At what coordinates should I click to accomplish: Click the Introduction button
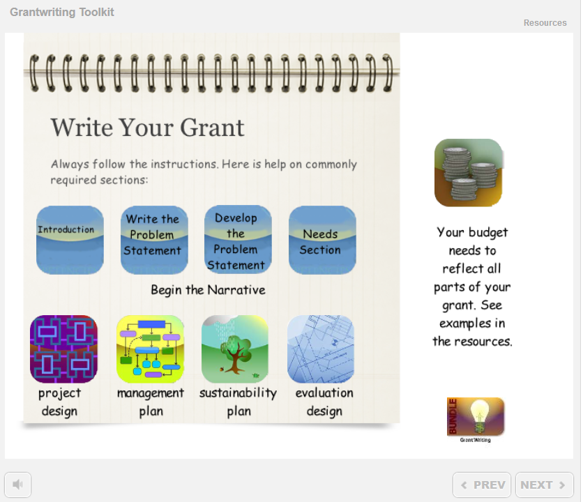click(x=70, y=240)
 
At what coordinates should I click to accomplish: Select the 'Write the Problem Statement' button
click(x=154, y=240)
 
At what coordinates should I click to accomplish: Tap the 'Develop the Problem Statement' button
click(x=238, y=239)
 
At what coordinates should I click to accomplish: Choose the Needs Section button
click(x=322, y=240)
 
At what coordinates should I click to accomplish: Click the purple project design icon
click(x=63, y=349)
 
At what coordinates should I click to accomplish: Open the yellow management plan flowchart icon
click(x=150, y=349)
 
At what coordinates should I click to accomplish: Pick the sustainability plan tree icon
click(x=235, y=349)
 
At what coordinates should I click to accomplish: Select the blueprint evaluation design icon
click(x=321, y=349)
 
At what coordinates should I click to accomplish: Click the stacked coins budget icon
click(x=469, y=172)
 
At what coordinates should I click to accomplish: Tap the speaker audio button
click(x=18, y=485)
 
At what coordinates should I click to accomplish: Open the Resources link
click(x=545, y=23)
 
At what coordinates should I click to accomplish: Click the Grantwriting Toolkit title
click(x=62, y=13)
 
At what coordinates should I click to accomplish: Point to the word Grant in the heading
click(x=212, y=128)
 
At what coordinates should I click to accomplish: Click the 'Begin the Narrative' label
click(x=208, y=290)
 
